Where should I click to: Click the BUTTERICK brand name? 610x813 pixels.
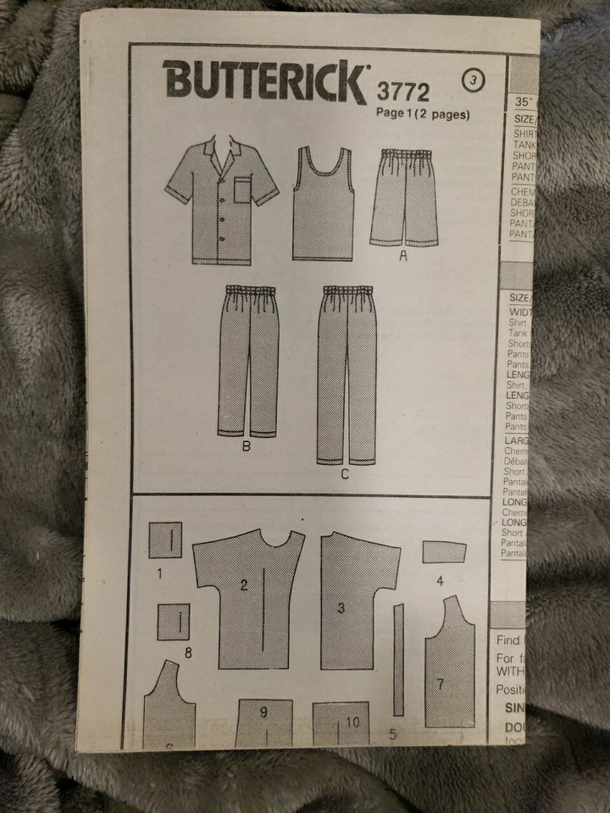coord(263,83)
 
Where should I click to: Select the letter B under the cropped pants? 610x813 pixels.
coord(246,446)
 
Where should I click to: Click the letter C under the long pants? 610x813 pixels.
coord(345,474)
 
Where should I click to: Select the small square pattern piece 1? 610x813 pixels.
coord(165,539)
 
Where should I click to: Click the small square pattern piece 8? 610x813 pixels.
coord(173,622)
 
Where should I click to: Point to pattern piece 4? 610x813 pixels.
coord(444,552)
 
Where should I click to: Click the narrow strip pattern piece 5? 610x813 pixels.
coord(398,661)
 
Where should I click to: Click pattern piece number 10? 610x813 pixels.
coord(341,724)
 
